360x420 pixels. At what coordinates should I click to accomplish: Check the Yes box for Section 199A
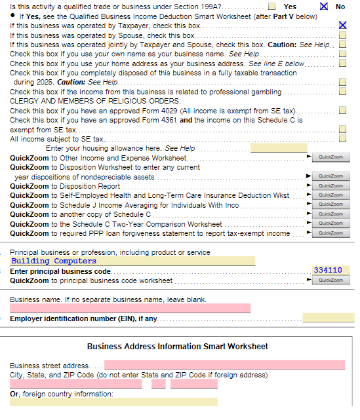[x=271, y=6]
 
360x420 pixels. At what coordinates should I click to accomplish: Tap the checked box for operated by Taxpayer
[x=342, y=25]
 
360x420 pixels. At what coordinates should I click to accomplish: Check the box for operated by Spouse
[x=342, y=35]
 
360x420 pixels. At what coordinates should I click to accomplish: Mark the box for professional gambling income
[x=342, y=92]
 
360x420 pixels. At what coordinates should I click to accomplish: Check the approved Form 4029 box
[x=342, y=111]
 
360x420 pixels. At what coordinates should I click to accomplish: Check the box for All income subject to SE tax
[x=342, y=139]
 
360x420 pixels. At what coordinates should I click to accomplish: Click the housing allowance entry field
[x=279, y=148]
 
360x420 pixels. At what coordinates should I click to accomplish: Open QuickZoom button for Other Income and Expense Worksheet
[x=331, y=158]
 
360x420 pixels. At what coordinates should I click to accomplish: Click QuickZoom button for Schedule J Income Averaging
[x=331, y=205]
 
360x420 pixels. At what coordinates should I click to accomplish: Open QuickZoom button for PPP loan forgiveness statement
[x=331, y=233]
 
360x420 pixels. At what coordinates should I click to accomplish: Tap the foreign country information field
[x=113, y=402]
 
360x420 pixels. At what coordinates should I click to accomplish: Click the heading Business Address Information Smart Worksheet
[x=177, y=347]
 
